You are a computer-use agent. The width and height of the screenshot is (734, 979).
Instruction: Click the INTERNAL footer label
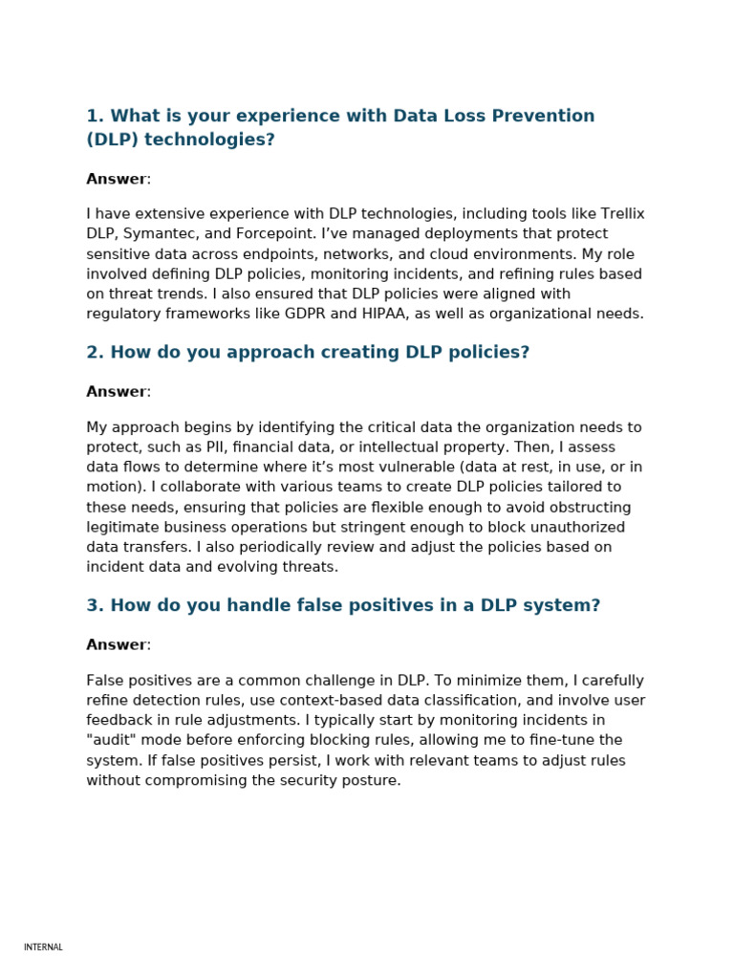point(43,947)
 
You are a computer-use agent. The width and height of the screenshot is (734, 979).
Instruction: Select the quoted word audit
point(113,740)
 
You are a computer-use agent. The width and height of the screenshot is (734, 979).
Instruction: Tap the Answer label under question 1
point(117,179)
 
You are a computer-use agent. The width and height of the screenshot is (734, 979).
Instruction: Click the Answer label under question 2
point(117,391)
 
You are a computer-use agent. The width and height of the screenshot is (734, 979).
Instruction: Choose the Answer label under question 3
point(117,644)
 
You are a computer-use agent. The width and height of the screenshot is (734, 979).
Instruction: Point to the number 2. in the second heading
point(95,352)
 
